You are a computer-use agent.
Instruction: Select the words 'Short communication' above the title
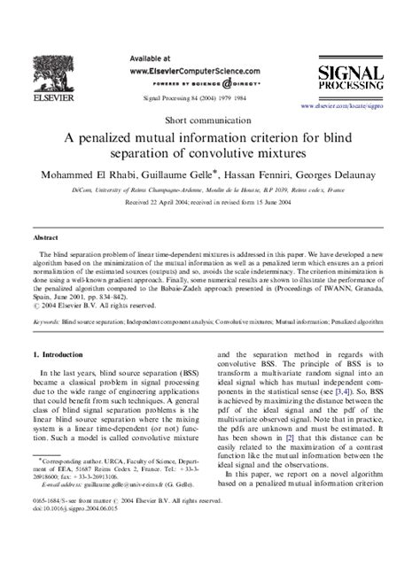point(209,118)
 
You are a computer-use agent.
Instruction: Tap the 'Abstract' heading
point(46,237)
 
